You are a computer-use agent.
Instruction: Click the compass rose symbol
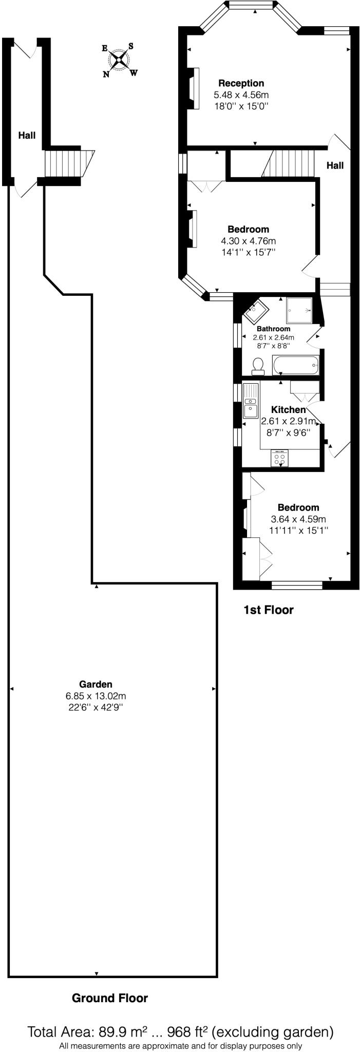(x=119, y=60)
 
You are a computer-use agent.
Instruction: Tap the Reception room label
(x=241, y=83)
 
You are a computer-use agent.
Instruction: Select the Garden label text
(x=96, y=684)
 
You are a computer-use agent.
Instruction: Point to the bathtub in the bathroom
(x=296, y=366)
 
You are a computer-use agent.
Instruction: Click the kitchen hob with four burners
(x=280, y=458)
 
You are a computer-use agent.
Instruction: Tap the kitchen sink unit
(x=251, y=402)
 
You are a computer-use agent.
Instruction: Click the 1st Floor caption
(x=268, y=610)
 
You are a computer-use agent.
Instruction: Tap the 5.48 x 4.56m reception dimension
(x=241, y=95)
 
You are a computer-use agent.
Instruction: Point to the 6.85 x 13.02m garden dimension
(x=96, y=696)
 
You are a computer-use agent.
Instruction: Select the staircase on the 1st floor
(x=292, y=163)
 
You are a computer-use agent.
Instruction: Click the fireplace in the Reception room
(x=194, y=88)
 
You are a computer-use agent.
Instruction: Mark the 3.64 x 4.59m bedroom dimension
(x=298, y=519)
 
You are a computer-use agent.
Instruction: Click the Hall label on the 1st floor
(x=335, y=165)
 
